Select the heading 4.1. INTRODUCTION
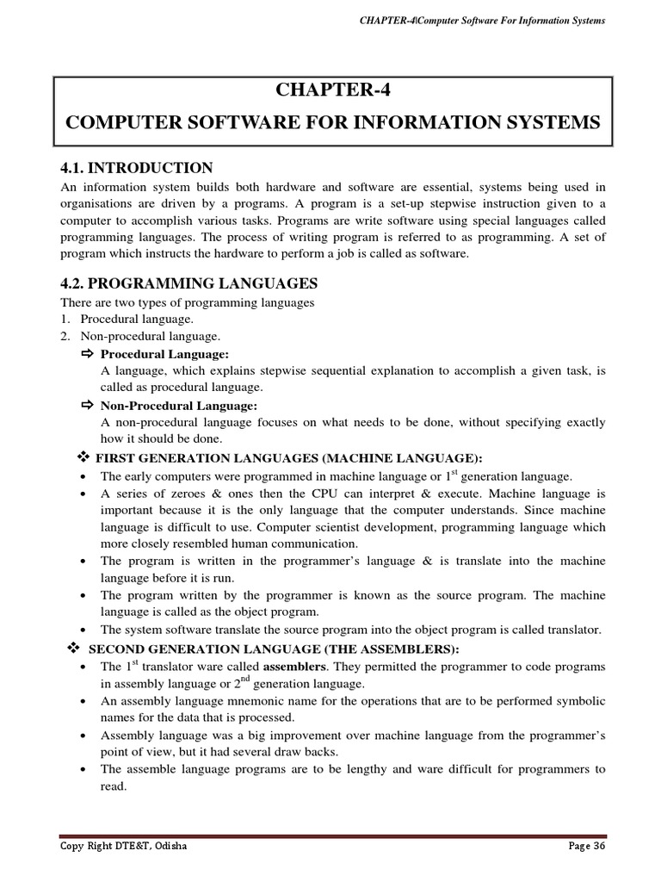[136, 167]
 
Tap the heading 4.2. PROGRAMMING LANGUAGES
[188, 283]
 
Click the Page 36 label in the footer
[586, 847]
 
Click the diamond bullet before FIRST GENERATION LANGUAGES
[83, 457]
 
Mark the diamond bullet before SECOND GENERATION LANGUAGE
[73, 648]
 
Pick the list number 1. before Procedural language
[65, 319]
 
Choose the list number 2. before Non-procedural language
[65, 336]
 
